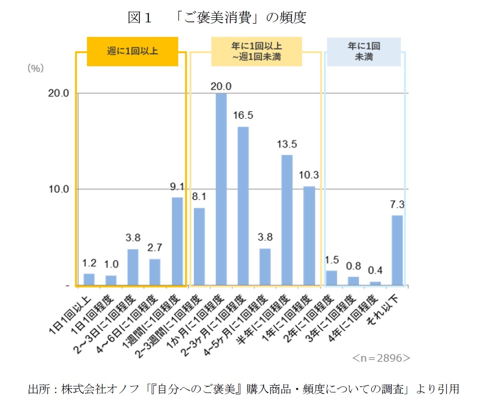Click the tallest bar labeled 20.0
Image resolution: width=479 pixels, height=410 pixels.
click(221, 189)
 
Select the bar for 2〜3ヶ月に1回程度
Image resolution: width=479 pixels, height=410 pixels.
click(243, 206)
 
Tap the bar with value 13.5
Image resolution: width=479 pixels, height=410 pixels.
click(287, 220)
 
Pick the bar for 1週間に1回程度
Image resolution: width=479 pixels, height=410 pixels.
click(177, 241)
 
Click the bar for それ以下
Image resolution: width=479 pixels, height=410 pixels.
click(397, 250)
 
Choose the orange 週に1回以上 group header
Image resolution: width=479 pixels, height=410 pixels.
click(132, 51)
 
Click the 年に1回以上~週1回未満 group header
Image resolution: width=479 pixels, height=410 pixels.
click(256, 51)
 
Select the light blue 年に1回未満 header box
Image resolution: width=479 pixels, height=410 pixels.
click(364, 51)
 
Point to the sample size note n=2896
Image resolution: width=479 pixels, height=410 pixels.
click(381, 358)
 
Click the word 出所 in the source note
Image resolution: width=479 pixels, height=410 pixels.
click(37, 388)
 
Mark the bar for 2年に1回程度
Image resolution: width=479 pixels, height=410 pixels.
click(332, 278)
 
